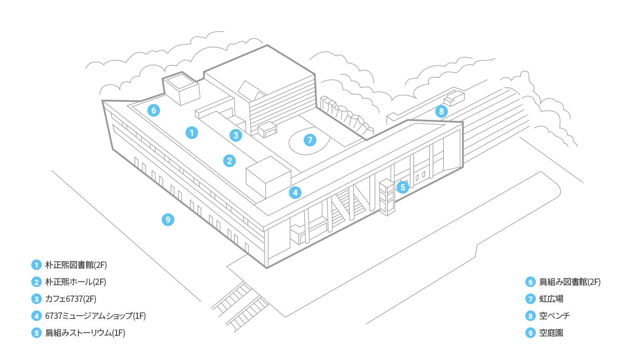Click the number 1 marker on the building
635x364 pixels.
[x=191, y=133]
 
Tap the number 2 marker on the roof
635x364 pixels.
[x=229, y=161]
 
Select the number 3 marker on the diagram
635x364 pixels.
[x=236, y=135]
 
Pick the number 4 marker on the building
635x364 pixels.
[x=295, y=193]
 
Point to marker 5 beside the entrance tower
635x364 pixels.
[x=402, y=187]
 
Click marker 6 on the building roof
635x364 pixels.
[x=154, y=110]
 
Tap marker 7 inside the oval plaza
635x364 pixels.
[x=310, y=140]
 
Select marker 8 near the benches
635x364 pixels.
[x=441, y=111]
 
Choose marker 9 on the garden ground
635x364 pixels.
[x=167, y=220]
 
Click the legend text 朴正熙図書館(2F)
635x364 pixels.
[x=76, y=265]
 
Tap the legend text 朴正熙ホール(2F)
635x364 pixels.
[x=76, y=282]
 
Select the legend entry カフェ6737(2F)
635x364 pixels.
[x=71, y=299]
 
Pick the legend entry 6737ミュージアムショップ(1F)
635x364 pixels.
[x=95, y=316]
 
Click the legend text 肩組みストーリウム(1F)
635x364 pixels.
[x=85, y=333]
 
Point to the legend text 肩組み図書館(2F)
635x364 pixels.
[x=570, y=282]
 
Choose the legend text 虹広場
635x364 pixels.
[x=551, y=299]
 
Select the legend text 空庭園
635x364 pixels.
[x=551, y=333]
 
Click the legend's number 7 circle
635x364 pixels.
[x=531, y=299]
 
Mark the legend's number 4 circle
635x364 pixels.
[x=37, y=316]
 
